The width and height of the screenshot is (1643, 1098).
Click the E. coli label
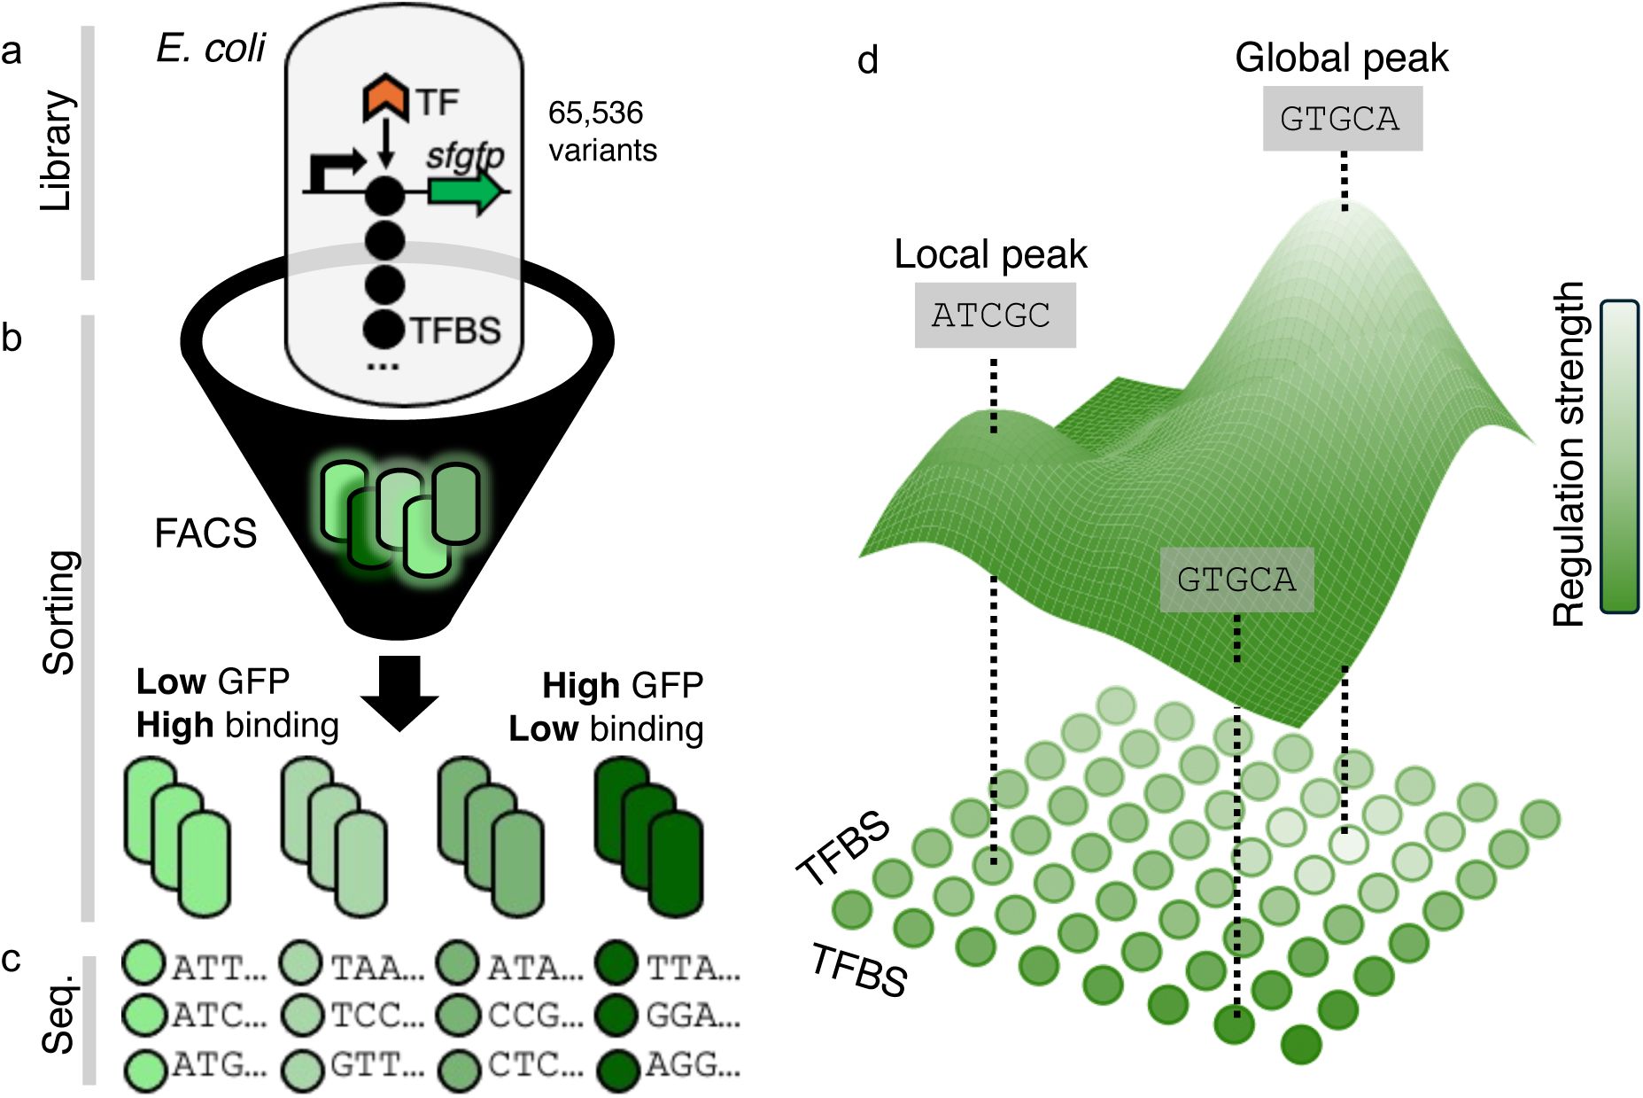click(211, 49)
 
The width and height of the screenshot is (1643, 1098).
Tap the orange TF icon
click(385, 98)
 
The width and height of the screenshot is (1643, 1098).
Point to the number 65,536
click(595, 113)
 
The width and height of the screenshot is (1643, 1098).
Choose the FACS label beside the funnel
click(205, 533)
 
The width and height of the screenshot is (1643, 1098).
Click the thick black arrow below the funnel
click(399, 692)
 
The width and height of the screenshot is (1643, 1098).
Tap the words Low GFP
click(213, 681)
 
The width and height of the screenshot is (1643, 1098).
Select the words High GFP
click(623, 685)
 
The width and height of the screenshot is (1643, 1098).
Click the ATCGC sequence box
click(994, 315)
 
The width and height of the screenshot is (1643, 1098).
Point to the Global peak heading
click(1341, 58)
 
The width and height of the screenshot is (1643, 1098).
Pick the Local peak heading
click(990, 254)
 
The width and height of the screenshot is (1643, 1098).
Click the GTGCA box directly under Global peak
click(1342, 119)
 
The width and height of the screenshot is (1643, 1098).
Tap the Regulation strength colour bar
click(1619, 456)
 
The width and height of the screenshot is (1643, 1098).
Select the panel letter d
click(868, 60)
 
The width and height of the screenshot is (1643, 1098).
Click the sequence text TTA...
click(693, 968)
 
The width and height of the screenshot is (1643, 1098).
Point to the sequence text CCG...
click(534, 1016)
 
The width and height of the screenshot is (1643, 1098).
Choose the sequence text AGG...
click(692, 1065)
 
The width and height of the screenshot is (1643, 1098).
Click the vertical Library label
click(57, 151)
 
